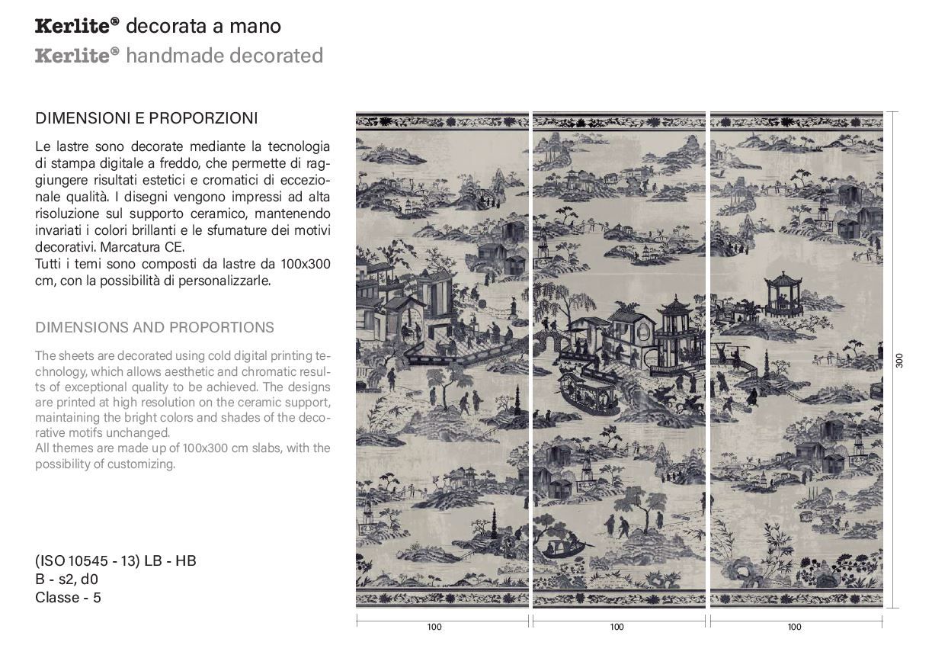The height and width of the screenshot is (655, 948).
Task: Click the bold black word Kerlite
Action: click(x=73, y=27)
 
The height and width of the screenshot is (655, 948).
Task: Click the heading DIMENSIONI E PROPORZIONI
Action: click(x=146, y=118)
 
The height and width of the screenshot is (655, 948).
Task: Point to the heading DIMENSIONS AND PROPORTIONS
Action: click(x=155, y=328)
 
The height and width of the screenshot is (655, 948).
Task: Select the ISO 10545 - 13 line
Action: click(x=116, y=561)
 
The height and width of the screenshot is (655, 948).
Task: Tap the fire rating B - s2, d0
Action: click(x=66, y=580)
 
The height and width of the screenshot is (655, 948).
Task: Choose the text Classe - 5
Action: click(x=68, y=598)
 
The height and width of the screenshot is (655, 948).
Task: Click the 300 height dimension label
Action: click(x=899, y=361)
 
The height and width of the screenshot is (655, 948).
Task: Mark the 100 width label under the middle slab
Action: click(x=617, y=628)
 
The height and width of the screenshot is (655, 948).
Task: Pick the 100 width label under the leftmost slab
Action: click(x=434, y=628)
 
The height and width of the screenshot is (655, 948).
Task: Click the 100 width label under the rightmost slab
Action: click(x=795, y=628)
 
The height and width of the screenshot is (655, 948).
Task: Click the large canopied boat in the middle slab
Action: click(x=588, y=393)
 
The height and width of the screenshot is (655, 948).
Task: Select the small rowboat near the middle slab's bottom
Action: click(x=564, y=547)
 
